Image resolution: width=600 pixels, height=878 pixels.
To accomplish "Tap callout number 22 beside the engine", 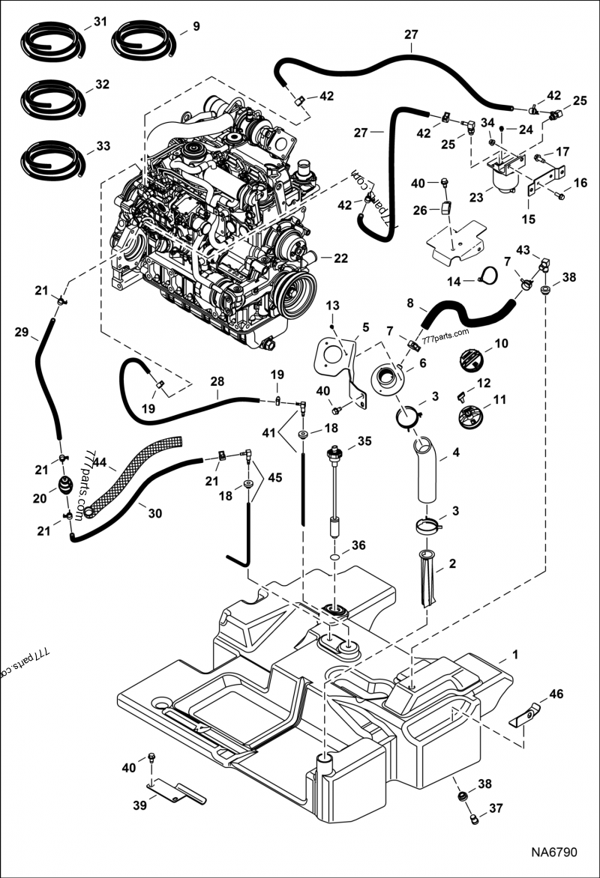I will coord(340,258).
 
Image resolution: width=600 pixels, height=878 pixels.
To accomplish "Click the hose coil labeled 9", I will coord(143,39).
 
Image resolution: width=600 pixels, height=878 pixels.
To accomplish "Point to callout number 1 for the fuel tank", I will coord(514,655).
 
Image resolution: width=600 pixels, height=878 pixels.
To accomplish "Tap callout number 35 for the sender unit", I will coord(365,441).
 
